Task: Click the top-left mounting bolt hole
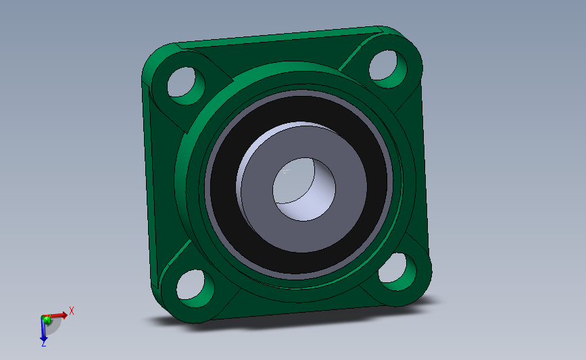(186, 86)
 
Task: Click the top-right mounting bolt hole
(388, 69)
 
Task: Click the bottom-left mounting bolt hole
(195, 288)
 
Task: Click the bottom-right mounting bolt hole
(397, 272)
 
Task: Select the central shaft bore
(304, 189)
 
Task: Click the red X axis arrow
(56, 316)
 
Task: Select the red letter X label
(72, 311)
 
